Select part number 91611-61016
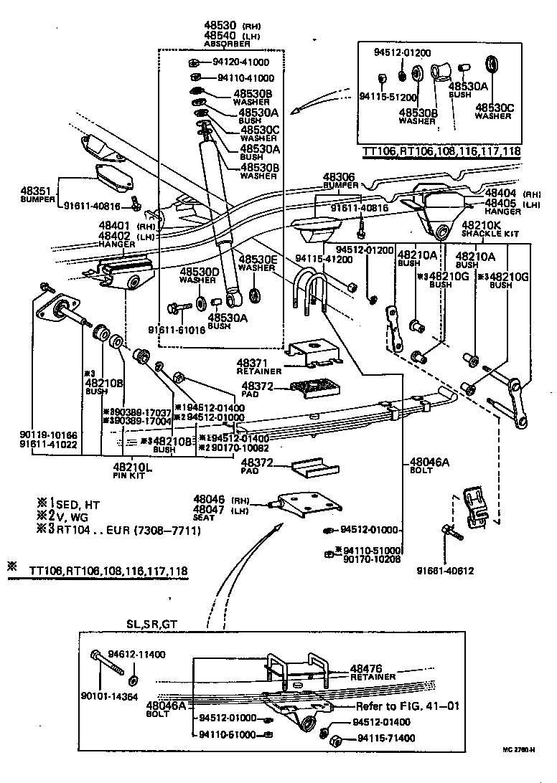coord(177,331)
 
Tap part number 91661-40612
coord(445,571)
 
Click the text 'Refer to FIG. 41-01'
coord(407,706)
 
